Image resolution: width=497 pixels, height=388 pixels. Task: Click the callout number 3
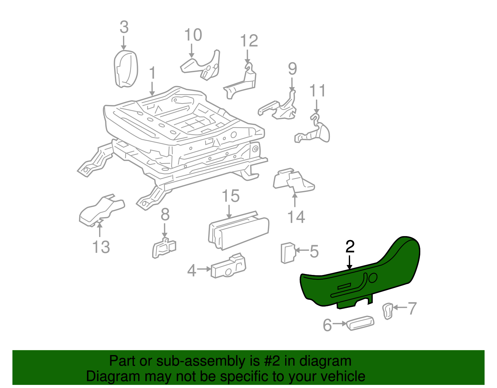click(x=124, y=27)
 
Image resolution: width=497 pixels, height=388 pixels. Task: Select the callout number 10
click(x=193, y=35)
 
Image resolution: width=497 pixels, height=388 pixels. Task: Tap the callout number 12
click(x=249, y=41)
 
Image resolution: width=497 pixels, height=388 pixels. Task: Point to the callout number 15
click(x=230, y=196)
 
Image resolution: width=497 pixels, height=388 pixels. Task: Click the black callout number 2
click(x=350, y=246)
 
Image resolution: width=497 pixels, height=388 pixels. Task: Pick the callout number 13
click(x=101, y=247)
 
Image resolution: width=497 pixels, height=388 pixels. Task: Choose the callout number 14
click(x=296, y=217)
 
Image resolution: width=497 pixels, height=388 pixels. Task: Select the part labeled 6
click(x=360, y=323)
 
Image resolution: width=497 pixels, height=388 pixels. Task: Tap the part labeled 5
click(x=288, y=253)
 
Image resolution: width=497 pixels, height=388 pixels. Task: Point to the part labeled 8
click(x=164, y=248)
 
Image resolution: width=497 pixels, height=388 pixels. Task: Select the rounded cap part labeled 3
click(x=126, y=69)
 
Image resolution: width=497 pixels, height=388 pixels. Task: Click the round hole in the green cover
click(x=373, y=278)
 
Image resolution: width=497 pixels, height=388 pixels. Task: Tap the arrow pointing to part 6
click(x=340, y=323)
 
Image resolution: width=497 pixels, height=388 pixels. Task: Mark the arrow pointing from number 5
click(x=302, y=250)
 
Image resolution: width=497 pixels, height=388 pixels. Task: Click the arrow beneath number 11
click(x=317, y=107)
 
